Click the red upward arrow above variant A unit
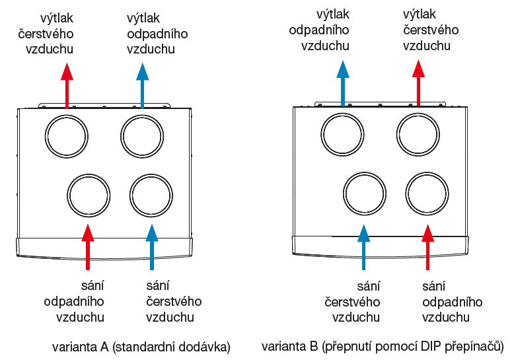coord(66,84)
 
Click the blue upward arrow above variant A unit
coord(141,84)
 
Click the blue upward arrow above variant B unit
coord(342,81)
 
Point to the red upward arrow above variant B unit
coord(418,81)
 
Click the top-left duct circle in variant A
coord(66,136)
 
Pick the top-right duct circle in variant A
coord(141,136)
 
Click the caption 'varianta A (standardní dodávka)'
coord(141,346)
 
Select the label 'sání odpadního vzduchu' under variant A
coord(74,301)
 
